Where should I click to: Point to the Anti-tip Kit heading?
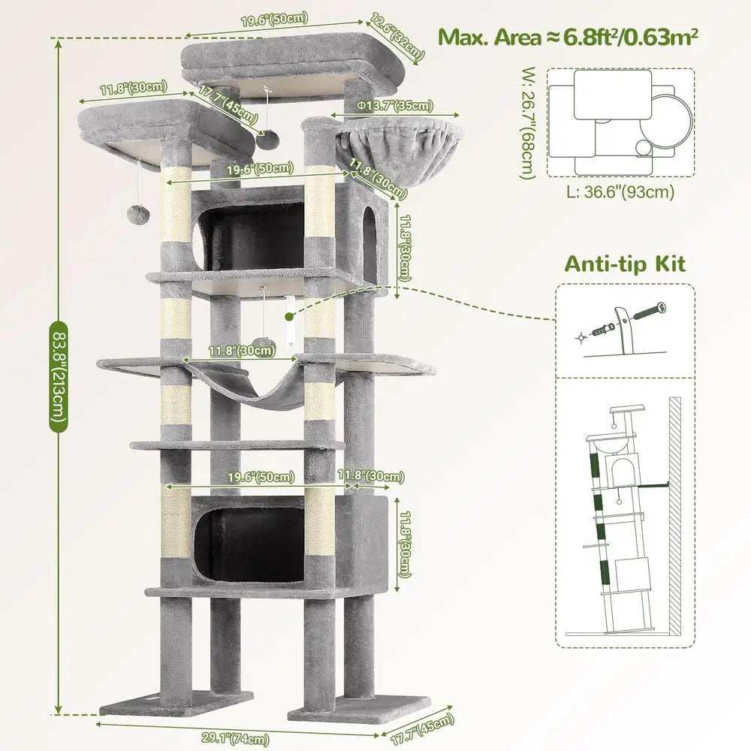[x=625, y=264]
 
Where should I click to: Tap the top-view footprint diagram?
[x=620, y=119]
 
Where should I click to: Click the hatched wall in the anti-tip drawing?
[x=674, y=518]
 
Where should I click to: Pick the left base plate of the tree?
[x=175, y=702]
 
